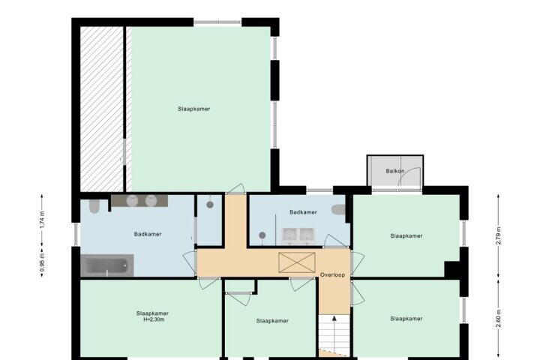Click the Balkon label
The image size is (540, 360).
coord(394,171)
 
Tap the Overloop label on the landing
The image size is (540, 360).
coord(332,275)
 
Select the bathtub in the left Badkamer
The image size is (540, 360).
coord(106,265)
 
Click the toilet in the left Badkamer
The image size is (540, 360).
coord(94,205)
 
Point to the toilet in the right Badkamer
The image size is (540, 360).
coord(338,209)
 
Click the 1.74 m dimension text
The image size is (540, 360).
coord(42,220)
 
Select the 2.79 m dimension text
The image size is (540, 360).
coord(498,236)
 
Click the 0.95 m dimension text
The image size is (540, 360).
coord(42,262)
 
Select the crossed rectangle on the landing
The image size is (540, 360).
coord(296,262)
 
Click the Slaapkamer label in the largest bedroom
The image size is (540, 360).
coord(194,109)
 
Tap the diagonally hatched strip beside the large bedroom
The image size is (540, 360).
coord(102,109)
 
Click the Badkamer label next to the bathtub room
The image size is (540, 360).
coord(148,234)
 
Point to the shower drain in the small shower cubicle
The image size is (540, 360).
coord(210,205)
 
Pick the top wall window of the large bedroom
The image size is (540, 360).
coord(217,22)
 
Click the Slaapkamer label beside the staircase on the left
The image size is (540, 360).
coord(272,321)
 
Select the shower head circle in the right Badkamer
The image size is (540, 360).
coord(262,235)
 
